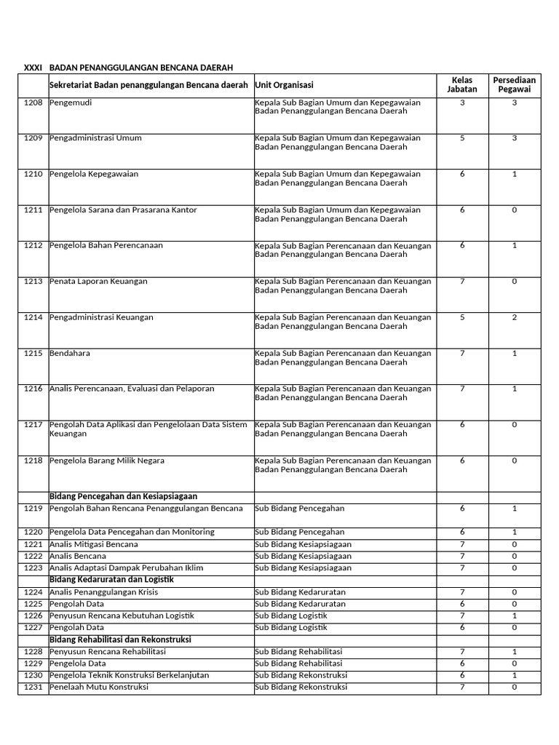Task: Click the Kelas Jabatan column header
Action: (x=462, y=84)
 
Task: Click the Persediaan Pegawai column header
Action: (x=515, y=84)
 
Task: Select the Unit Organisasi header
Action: (x=284, y=85)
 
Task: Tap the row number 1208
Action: (x=33, y=103)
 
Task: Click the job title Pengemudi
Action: (x=71, y=103)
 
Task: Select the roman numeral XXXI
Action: (x=33, y=68)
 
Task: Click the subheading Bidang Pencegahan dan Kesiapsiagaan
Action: (x=123, y=496)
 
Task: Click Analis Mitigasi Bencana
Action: (x=93, y=544)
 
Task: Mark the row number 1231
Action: (x=33, y=687)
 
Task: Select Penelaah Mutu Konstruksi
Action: (x=98, y=687)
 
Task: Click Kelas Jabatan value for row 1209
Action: (x=462, y=138)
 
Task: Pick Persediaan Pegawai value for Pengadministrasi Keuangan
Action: (x=515, y=317)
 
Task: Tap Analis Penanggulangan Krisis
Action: (x=103, y=591)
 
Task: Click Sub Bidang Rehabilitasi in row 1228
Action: (x=298, y=651)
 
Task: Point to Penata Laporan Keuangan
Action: (x=98, y=281)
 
